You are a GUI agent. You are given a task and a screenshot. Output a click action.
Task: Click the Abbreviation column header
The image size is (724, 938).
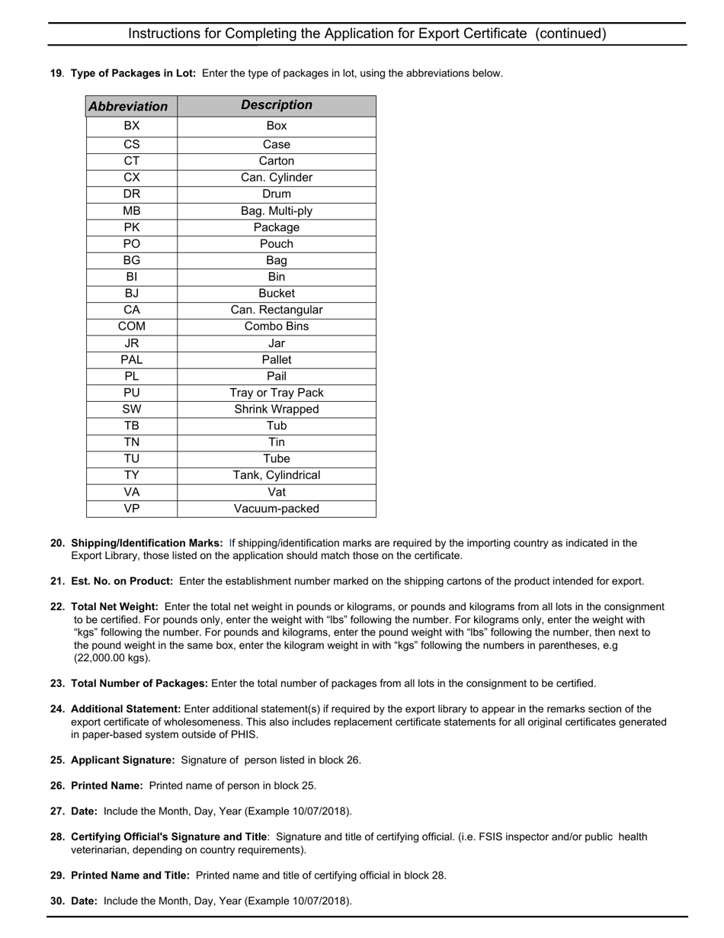point(128,106)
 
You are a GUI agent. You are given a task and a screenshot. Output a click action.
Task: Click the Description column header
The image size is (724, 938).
point(277,105)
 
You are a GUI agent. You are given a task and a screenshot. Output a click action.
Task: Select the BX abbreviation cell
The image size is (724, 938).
point(132,126)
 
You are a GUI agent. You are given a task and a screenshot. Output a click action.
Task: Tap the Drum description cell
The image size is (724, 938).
point(277,194)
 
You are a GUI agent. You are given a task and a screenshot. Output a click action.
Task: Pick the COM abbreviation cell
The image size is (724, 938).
point(132,326)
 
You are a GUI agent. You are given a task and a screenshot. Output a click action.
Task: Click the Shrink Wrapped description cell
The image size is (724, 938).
point(277,410)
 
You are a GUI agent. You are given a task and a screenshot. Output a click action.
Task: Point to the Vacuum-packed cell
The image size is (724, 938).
point(277,509)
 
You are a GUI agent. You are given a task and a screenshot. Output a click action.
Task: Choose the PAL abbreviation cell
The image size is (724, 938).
point(132,359)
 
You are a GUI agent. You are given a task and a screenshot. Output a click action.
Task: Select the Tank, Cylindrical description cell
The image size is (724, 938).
point(277,475)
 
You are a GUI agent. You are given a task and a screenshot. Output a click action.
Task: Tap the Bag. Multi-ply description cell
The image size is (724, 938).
point(277,210)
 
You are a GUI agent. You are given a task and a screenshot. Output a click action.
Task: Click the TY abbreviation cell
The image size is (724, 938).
point(132,475)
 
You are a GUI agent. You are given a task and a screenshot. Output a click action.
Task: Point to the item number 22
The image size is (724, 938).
point(57,607)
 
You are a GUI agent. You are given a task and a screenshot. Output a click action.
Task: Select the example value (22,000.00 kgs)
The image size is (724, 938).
point(112,658)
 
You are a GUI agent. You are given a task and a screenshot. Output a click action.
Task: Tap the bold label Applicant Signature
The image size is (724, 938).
point(123,760)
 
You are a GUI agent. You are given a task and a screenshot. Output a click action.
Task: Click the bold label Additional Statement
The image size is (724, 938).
point(126,709)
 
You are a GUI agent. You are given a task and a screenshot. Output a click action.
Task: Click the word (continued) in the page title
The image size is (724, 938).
point(571,34)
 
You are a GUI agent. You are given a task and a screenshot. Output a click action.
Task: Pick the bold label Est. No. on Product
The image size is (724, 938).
point(122,581)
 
